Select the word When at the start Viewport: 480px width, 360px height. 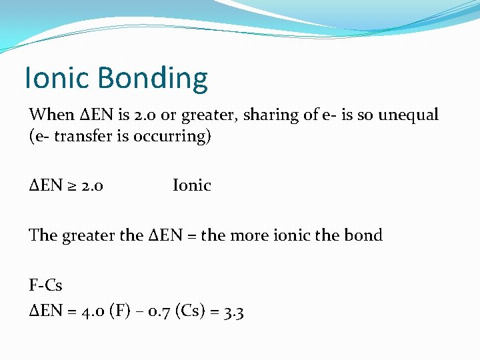click(51, 115)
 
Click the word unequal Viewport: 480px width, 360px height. click(408, 115)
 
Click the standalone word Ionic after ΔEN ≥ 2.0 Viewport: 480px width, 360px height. click(191, 185)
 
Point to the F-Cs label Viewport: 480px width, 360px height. click(45, 285)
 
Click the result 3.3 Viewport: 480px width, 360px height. click(233, 311)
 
